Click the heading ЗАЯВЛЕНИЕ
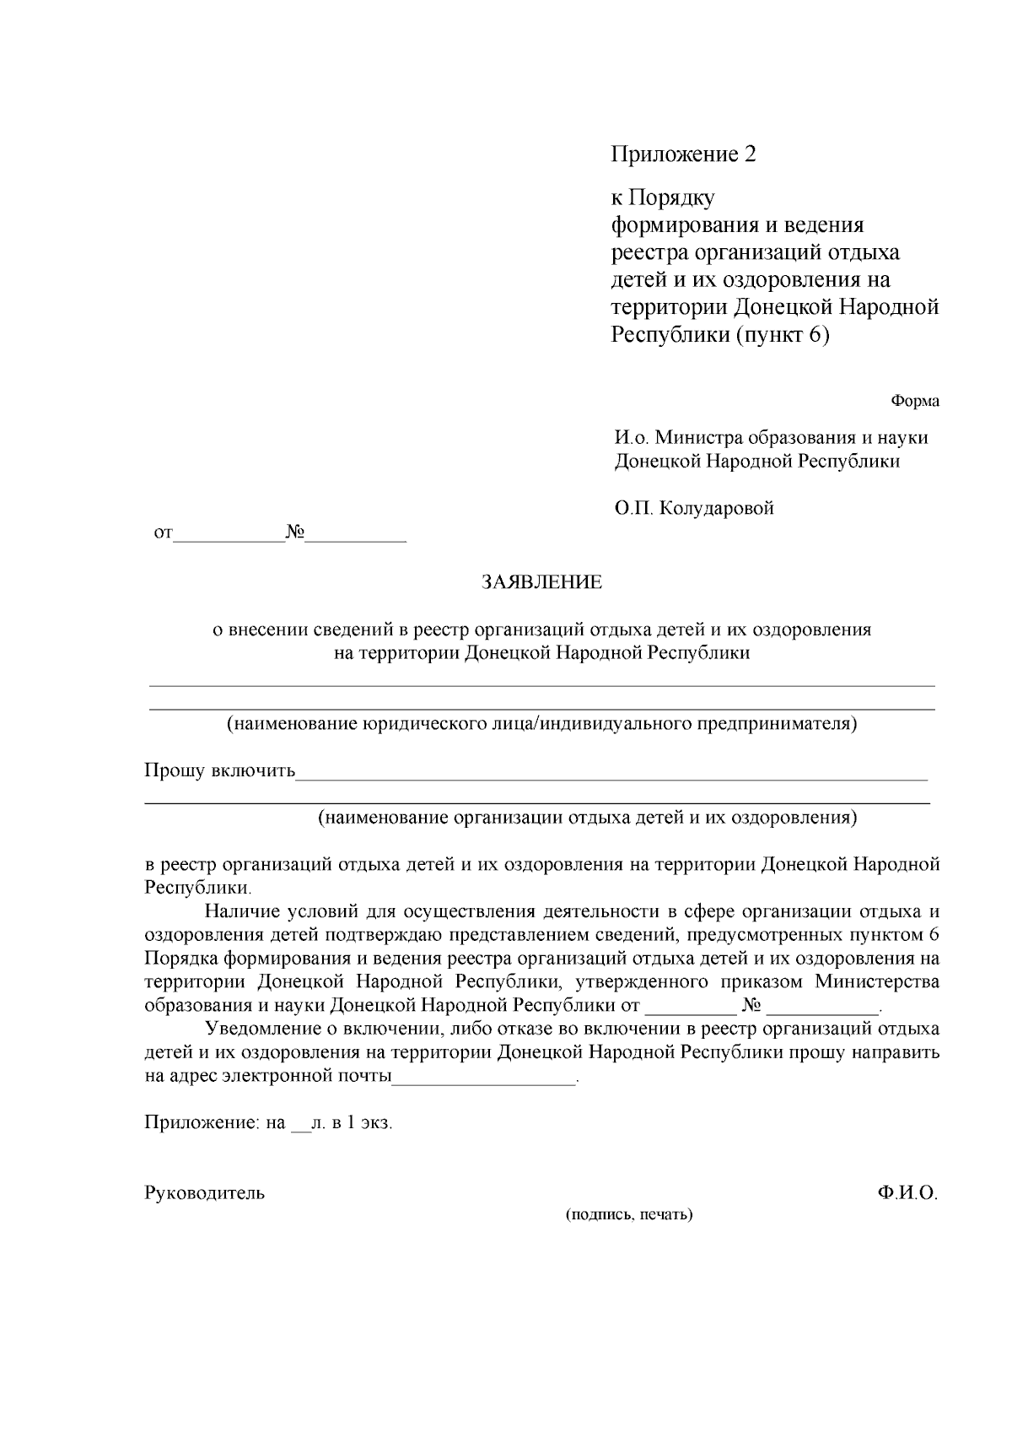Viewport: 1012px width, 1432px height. click(541, 582)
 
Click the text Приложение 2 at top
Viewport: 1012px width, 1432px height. click(683, 154)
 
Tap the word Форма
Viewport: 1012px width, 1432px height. click(914, 402)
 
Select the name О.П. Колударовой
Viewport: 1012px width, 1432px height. click(694, 509)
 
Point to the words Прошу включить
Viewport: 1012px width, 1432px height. click(219, 771)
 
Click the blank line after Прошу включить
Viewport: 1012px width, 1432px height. click(611, 773)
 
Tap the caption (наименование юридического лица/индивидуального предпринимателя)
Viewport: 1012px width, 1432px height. click(541, 724)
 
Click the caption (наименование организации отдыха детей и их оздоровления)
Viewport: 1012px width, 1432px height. click(587, 818)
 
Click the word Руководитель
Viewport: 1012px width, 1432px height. click(205, 1193)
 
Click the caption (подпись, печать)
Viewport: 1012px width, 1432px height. click(629, 1215)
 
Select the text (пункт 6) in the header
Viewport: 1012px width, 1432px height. click(783, 336)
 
